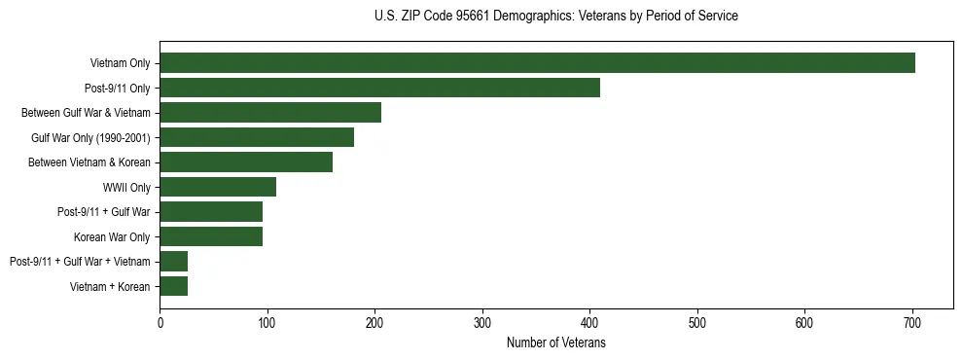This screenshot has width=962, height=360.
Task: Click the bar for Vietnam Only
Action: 537,63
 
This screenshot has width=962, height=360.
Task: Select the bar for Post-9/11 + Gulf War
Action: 211,211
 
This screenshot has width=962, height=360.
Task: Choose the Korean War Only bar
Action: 211,236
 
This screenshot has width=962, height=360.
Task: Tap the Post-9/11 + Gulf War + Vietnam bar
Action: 174,261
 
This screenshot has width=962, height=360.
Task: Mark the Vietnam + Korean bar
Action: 174,286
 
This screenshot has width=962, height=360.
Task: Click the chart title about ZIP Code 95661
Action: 555,17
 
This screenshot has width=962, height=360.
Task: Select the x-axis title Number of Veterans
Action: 555,342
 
